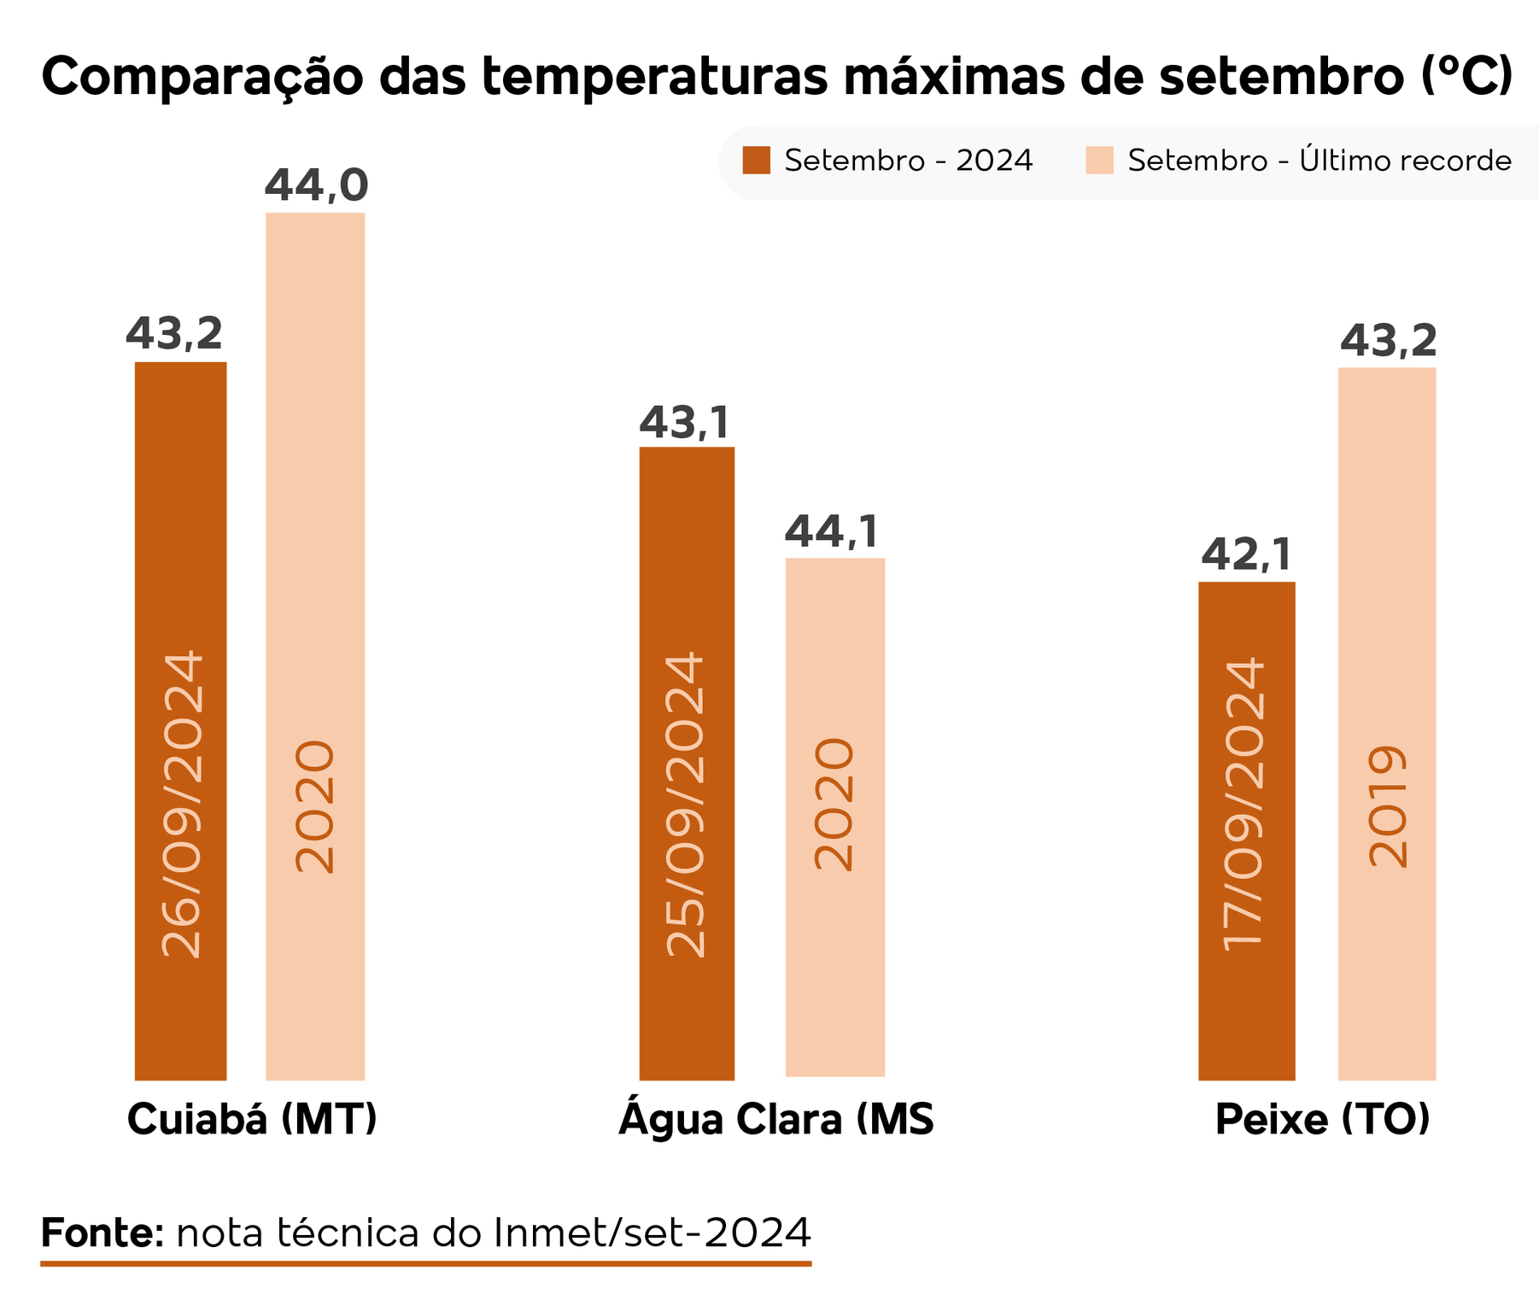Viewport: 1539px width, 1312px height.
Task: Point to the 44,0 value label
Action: (x=316, y=185)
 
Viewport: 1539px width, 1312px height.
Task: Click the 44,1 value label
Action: (x=832, y=532)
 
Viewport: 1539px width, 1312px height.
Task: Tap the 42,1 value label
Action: (x=1246, y=555)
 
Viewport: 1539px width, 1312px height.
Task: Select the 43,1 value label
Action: (x=685, y=422)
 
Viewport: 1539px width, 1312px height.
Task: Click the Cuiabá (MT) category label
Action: (x=252, y=1120)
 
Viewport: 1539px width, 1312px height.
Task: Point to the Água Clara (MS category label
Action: (x=775, y=1120)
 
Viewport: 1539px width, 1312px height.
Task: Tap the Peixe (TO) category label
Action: (x=1322, y=1120)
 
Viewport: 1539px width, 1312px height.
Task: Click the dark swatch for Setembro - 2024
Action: (x=756, y=161)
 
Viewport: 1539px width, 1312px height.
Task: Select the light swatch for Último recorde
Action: (x=1099, y=161)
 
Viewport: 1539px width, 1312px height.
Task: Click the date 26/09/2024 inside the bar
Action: (x=182, y=804)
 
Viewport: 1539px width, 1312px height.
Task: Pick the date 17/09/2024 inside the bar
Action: (x=1243, y=804)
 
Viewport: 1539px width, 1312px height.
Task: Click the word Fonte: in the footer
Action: (x=102, y=1233)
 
